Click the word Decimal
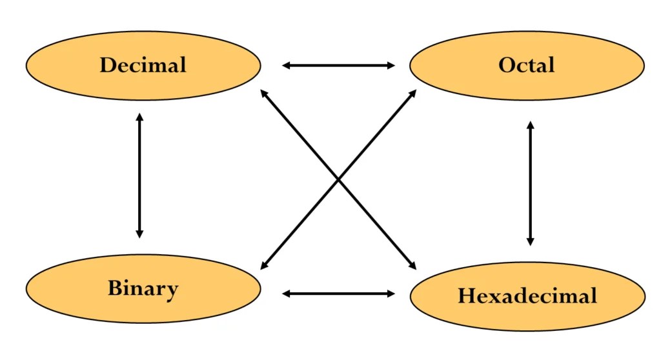143,65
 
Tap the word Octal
526,65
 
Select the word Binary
143,288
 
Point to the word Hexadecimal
527,296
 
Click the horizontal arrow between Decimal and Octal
338,65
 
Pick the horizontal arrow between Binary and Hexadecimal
338,294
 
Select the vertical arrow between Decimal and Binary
139,175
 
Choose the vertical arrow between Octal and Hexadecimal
531,183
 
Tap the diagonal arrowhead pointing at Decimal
263,94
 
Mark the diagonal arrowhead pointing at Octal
413,94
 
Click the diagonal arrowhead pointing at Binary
264,265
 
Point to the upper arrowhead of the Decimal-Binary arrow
139,118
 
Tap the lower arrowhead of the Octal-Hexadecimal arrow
531,241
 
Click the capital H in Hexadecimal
467,296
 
